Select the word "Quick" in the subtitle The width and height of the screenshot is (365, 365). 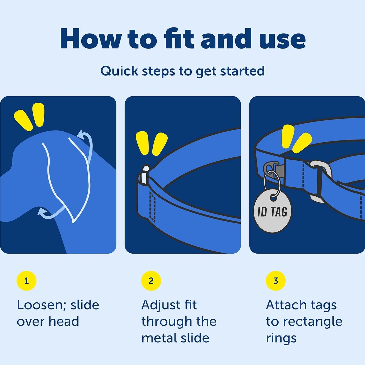tap(119, 71)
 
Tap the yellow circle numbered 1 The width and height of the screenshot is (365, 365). tap(27, 281)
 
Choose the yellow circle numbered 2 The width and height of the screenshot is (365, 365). tap(151, 281)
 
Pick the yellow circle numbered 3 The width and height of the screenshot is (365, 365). tap(276, 281)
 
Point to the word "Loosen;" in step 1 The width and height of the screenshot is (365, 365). tap(42, 305)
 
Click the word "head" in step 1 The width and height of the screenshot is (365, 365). tap(64, 322)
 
